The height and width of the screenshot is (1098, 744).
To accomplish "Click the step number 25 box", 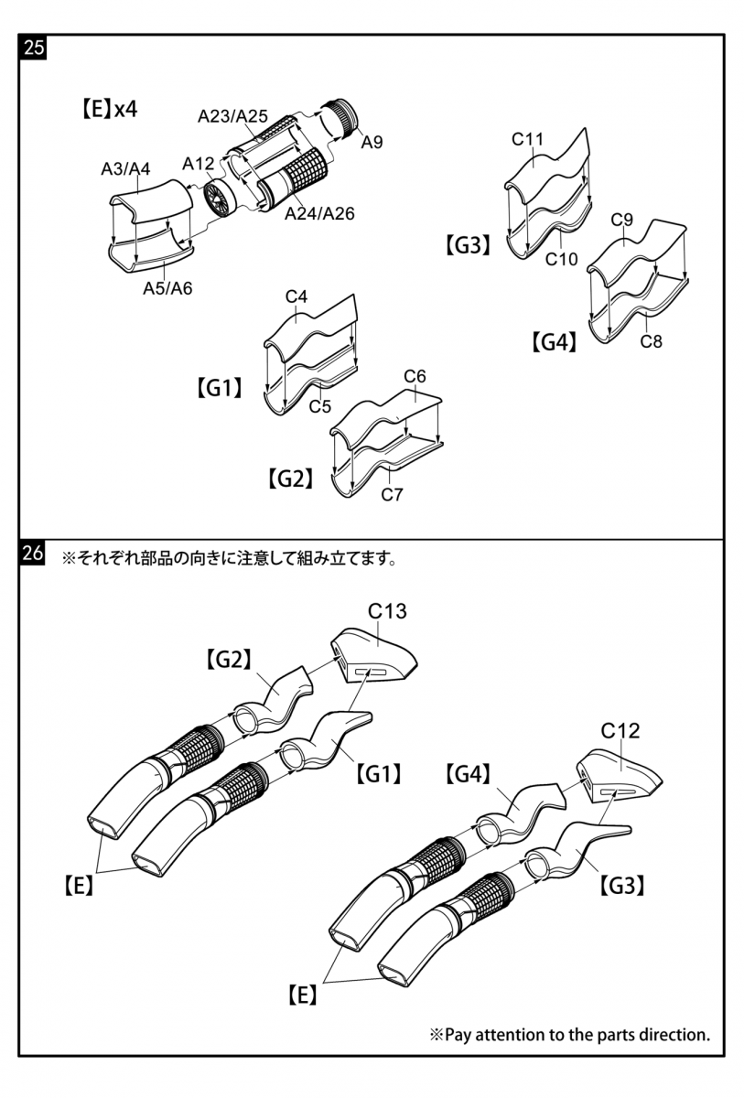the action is point(33,48).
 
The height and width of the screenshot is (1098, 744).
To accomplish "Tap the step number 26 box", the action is point(33,554).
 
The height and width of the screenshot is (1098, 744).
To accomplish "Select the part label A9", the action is point(372,142).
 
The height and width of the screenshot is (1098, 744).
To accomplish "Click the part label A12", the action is point(199,164).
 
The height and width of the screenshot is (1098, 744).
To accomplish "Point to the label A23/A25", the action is point(232,116).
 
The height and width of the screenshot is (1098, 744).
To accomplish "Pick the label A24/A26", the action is point(319,214).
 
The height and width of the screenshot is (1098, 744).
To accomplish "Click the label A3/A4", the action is point(125,169).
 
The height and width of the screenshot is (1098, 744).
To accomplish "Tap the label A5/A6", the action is point(167,289).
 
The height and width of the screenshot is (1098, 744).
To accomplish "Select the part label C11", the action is point(527,140).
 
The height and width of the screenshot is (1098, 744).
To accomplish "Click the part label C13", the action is point(387,611).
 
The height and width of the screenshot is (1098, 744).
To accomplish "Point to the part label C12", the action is point(620,731).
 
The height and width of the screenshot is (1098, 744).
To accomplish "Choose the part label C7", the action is point(392,495).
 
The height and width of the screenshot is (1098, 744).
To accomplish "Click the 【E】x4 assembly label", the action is point(109,109).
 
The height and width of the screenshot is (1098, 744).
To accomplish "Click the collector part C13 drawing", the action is point(375,654).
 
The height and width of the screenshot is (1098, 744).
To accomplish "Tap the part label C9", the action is point(622,221).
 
